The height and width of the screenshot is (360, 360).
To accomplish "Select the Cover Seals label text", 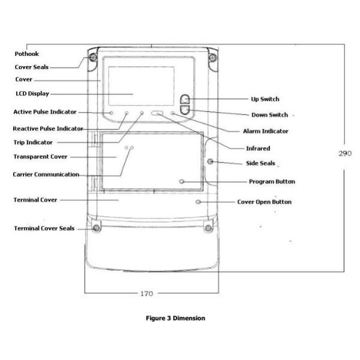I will [x=31, y=67].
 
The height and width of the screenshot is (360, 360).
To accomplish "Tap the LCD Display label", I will [x=32, y=94].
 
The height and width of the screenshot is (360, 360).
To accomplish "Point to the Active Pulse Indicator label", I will [x=44, y=112].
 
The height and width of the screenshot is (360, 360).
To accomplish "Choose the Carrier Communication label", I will [x=46, y=175].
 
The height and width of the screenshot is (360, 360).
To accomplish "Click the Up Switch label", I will [x=265, y=99].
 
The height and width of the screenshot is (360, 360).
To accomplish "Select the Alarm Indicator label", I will [x=266, y=131].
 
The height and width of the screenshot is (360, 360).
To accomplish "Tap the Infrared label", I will [x=258, y=148].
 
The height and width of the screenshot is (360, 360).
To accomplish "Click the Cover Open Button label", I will [x=264, y=202].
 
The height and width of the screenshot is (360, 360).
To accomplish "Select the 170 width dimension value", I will [x=146, y=293].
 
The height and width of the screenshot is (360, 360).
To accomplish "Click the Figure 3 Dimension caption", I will [x=175, y=318].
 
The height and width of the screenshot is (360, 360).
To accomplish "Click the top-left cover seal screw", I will [x=94, y=58].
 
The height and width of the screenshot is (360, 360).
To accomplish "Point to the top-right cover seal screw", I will [x=212, y=58].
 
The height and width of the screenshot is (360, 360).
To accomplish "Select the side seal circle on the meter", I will [x=210, y=162].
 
